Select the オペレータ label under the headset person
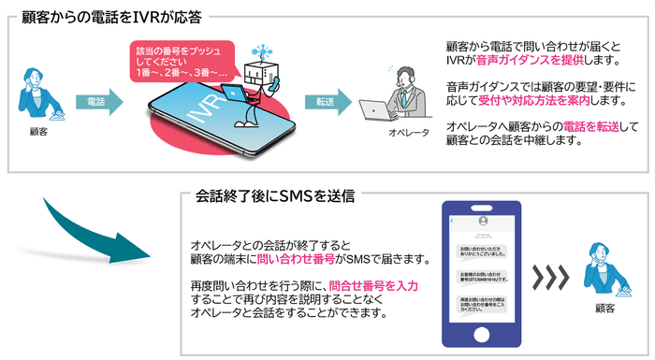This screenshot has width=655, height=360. tap(409, 133)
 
